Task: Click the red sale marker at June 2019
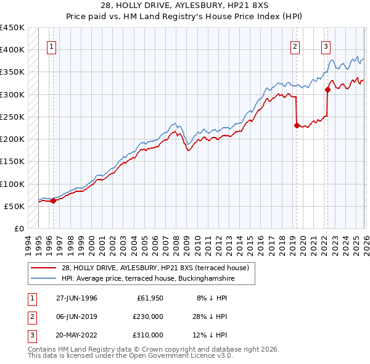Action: (297, 125)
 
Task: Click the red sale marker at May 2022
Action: (327, 89)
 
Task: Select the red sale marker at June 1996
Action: (53, 200)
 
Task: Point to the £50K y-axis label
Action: (14, 206)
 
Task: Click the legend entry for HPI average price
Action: (148, 279)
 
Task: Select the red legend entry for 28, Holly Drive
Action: (155, 268)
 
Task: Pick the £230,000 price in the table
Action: (148, 316)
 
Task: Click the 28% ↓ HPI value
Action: (210, 316)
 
